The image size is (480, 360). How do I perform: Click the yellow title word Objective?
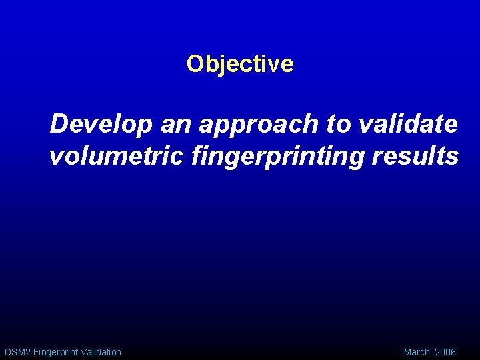[x=240, y=64]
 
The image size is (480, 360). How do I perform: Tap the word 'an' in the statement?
[x=171, y=123]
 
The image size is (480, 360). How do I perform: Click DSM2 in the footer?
[x=16, y=352]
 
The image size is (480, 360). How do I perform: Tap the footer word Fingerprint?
[x=55, y=352]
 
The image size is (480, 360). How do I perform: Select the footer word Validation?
[x=101, y=352]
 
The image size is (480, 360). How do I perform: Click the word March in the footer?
[x=417, y=352]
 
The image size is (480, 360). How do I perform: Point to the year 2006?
[x=445, y=352]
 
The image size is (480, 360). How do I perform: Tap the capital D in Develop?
[x=58, y=123]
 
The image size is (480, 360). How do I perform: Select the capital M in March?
[x=407, y=352]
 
